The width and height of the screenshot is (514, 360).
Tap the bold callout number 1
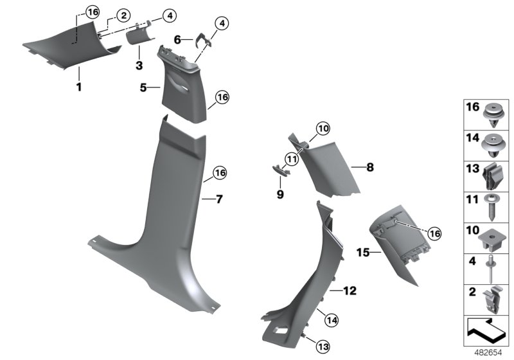79,87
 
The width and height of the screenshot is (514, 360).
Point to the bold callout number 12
350,291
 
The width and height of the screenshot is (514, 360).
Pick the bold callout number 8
369,168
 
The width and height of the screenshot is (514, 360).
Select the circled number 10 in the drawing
323,129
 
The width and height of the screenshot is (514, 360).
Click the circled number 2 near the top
122,15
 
